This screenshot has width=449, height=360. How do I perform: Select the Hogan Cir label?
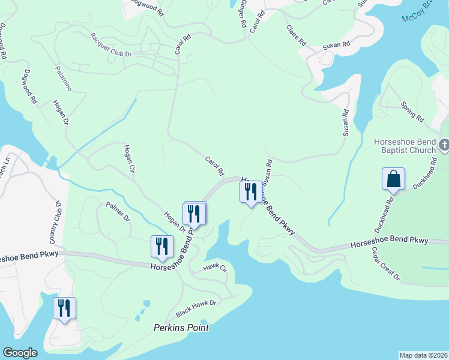point(128,159)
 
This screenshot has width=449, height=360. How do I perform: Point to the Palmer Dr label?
point(118,211)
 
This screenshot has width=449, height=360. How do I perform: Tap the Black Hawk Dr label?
point(196,309)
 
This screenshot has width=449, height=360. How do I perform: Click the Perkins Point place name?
point(181,328)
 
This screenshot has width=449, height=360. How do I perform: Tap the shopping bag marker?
point(393,179)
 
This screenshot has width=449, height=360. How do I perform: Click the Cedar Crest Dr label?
point(385,264)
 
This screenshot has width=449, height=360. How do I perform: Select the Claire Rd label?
point(296,35)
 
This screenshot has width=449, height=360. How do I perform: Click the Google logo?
point(20,353)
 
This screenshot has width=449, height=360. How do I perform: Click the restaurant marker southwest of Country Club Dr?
point(65,308)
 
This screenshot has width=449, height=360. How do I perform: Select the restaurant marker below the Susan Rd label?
point(251,192)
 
